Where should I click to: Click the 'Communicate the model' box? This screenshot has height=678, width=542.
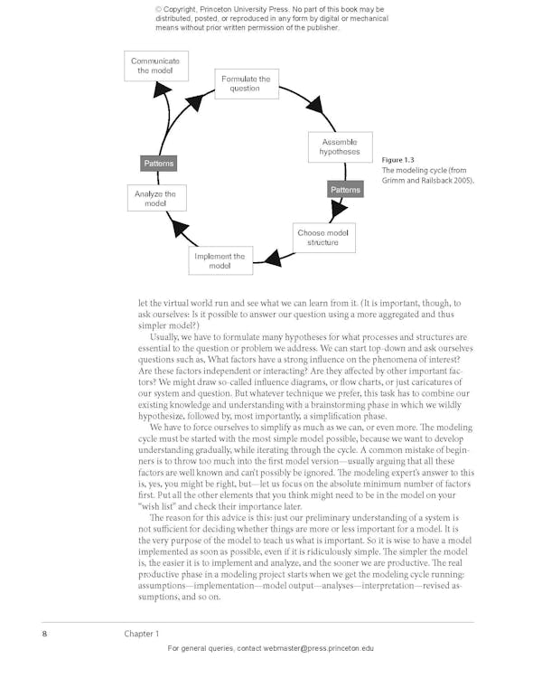tap(154, 66)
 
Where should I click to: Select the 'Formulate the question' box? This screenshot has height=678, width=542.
tap(246, 84)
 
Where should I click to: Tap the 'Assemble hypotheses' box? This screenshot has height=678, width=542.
tap(339, 147)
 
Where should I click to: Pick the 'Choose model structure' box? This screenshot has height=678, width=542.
tap(322, 238)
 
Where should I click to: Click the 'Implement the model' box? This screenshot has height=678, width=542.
tap(220, 261)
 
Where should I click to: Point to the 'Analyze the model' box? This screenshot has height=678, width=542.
tap(155, 199)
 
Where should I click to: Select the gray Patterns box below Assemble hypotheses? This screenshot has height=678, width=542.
tap(345, 190)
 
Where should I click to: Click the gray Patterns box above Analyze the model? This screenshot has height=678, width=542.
tap(158, 164)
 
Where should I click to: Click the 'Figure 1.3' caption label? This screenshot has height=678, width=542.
tap(398, 160)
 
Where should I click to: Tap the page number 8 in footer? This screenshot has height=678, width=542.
tap(44, 634)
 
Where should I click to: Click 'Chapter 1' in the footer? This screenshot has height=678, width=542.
tap(142, 634)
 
